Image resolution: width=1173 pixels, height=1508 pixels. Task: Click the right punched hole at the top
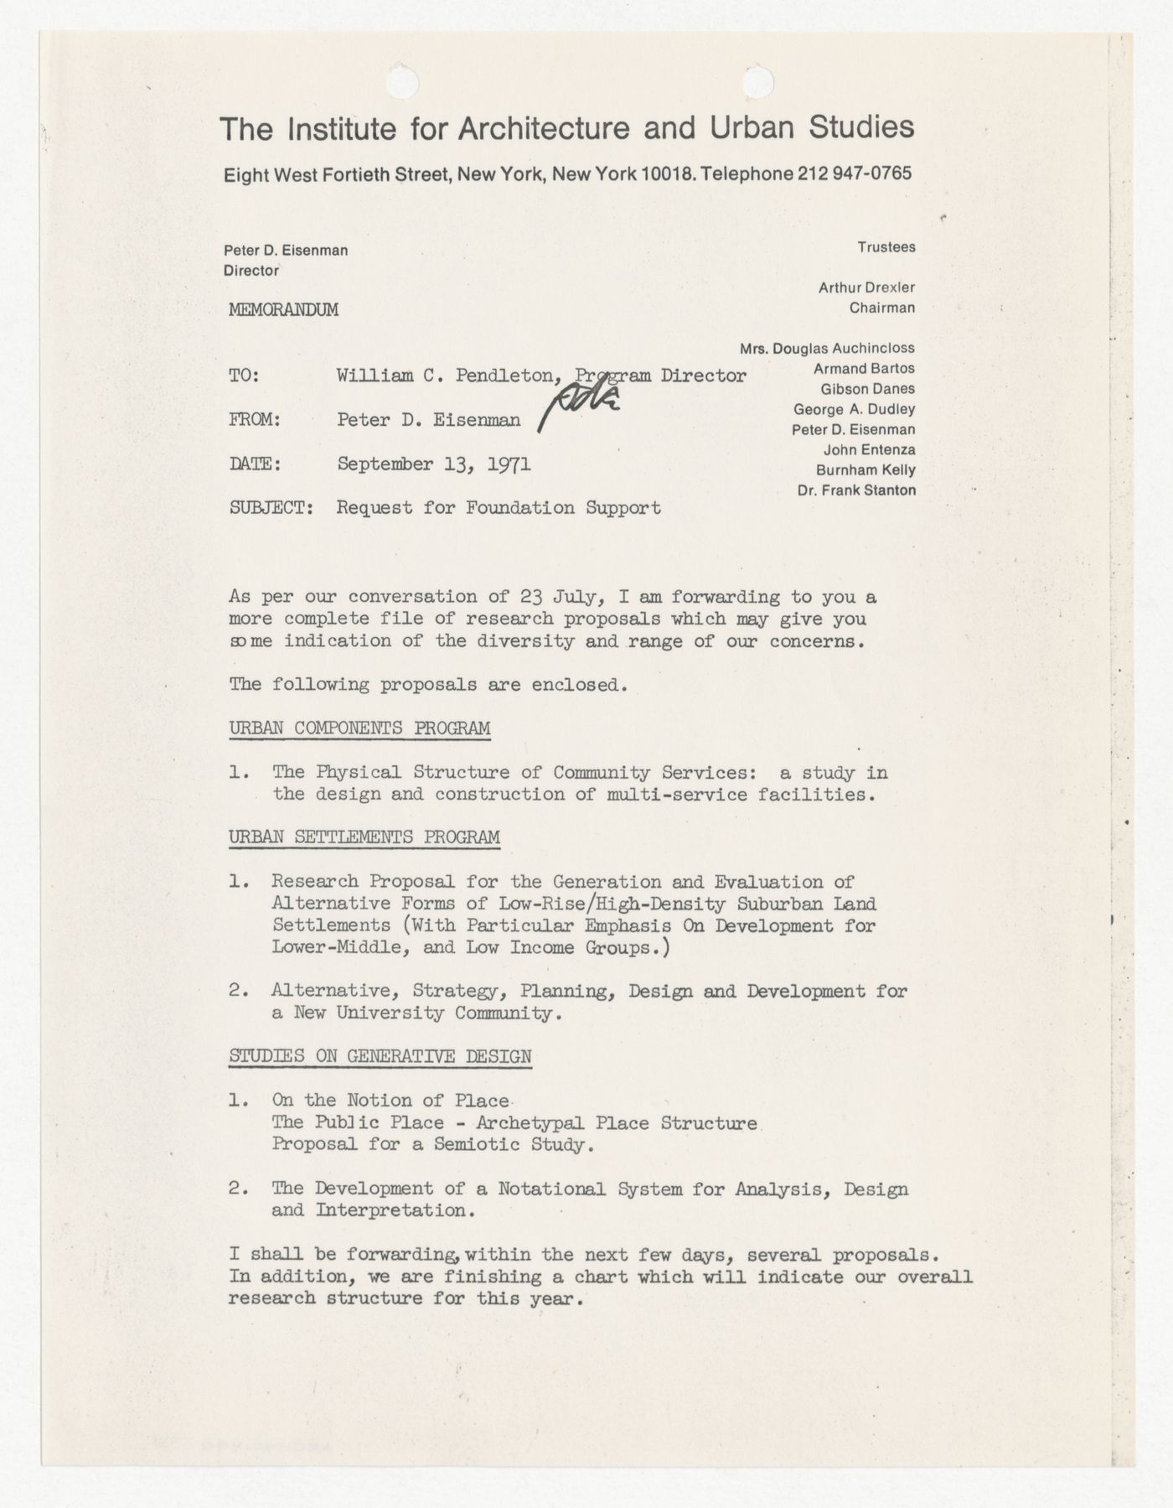coord(759,81)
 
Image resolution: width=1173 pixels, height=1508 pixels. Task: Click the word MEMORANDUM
coord(283,309)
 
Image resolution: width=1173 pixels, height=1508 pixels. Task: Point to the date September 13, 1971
coord(433,464)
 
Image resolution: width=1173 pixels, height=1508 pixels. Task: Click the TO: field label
coord(245,376)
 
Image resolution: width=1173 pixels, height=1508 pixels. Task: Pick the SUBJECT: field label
coord(271,508)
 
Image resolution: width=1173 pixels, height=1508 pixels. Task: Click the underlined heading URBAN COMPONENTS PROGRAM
coord(359,728)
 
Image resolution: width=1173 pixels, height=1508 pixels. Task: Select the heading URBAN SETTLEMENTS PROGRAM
coord(364,837)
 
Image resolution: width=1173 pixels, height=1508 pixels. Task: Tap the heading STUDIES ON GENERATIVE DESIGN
coord(380,1056)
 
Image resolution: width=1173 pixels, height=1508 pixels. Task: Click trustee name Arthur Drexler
coord(866,288)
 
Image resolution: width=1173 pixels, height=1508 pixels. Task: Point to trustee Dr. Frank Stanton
coord(856,490)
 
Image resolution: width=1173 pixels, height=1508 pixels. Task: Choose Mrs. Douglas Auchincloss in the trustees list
coord(827,348)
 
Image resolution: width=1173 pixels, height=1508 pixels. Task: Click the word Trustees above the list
coord(886,247)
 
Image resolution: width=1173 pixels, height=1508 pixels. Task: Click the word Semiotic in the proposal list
coord(475,1144)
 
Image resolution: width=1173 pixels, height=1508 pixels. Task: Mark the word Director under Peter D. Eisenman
coord(251,271)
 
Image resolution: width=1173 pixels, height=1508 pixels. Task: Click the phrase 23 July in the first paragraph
coord(554,597)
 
